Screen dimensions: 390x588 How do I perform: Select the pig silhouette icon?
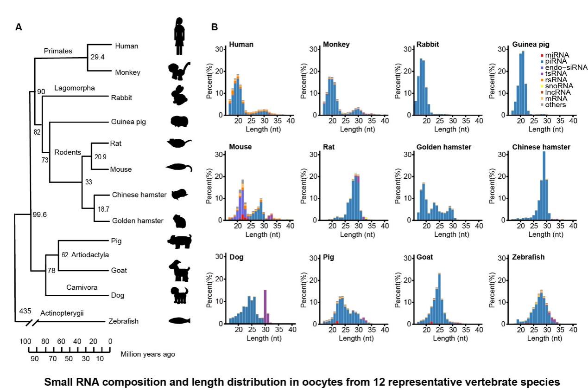180,241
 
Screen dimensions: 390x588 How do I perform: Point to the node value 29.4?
96,57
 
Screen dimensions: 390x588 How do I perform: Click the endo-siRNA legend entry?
564,67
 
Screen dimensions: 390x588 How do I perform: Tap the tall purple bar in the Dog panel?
265,306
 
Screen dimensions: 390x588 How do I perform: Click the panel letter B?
215,27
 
